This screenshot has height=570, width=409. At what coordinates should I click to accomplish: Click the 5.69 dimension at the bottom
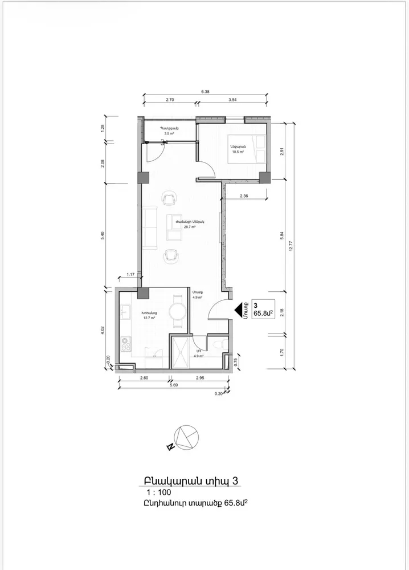point(172,384)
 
